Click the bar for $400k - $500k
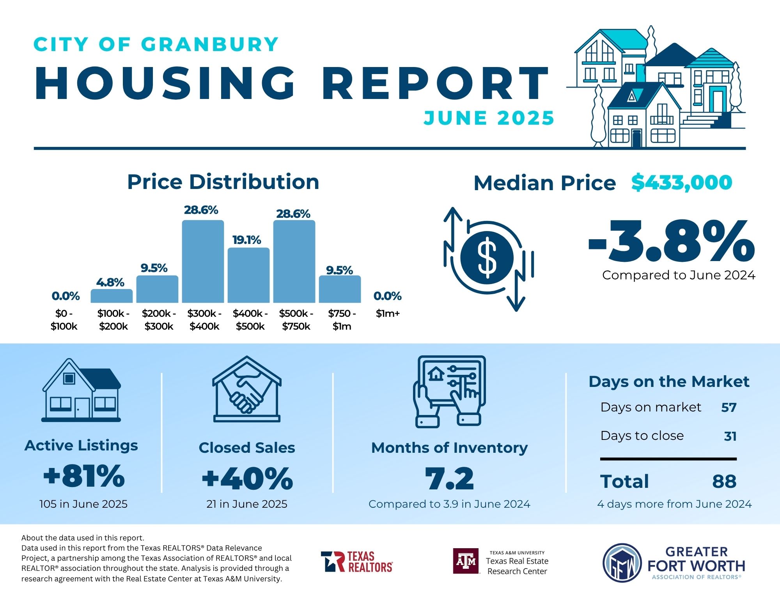tap(248, 275)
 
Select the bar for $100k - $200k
tap(112, 296)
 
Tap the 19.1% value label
tap(246, 240)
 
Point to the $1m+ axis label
tap(388, 313)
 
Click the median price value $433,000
tap(682, 182)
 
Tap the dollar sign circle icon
tap(487, 258)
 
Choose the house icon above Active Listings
tap(81, 390)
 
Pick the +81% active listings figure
tap(84, 476)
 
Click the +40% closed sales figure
tap(247, 478)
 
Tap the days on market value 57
tap(729, 408)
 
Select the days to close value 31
tap(730, 436)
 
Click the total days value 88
tap(724, 482)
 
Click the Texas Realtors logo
tap(357, 561)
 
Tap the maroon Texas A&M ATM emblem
tap(466, 561)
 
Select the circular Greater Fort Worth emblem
tap(622, 563)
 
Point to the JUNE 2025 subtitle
tap(489, 118)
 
